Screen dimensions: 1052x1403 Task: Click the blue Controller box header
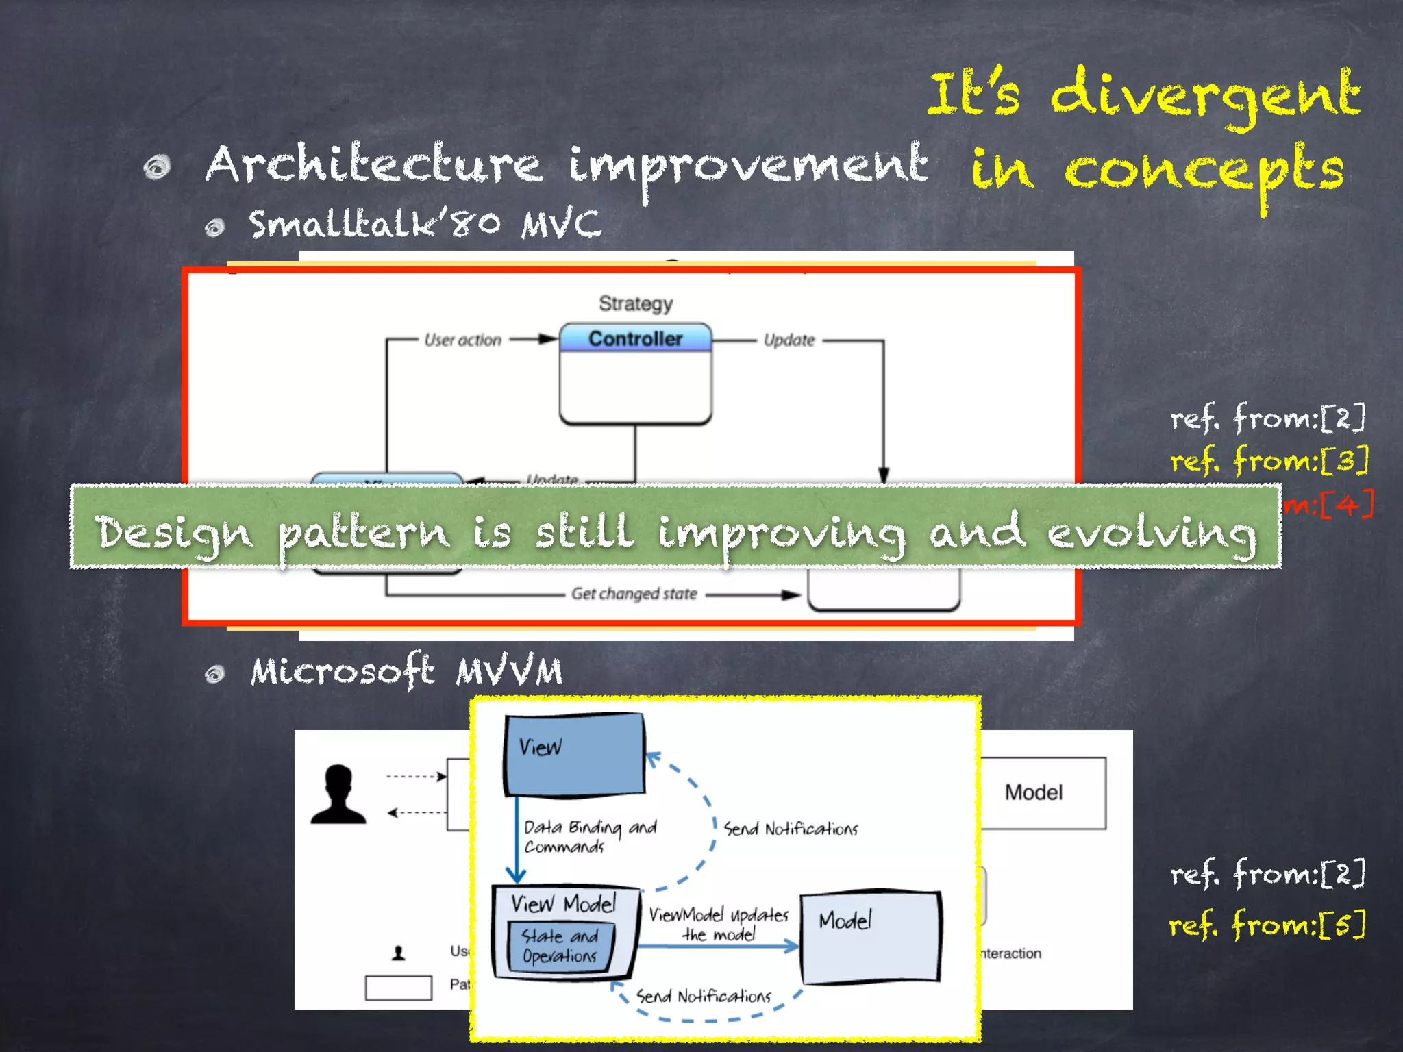(635, 338)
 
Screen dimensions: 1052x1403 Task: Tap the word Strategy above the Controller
(636, 303)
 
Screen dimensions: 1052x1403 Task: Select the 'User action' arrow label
(463, 340)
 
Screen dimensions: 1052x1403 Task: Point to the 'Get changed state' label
(634, 594)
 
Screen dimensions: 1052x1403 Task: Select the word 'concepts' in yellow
(1203, 171)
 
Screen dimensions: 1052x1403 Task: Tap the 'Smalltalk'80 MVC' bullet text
(425, 224)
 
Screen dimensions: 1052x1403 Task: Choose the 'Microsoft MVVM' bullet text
(406, 671)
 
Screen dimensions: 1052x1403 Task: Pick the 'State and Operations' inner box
(560, 946)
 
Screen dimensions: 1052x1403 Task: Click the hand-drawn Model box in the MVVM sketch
(871, 937)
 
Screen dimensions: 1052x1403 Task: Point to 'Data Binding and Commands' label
(589, 836)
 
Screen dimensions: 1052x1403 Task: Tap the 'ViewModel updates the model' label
(719, 924)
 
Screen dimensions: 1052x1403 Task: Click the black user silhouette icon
(338, 794)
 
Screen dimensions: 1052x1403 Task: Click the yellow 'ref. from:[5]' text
(1267, 925)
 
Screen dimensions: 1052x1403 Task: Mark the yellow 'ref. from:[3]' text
(1269, 460)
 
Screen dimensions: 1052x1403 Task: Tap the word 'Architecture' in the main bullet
(374, 165)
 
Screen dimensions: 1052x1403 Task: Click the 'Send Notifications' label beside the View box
(790, 829)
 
